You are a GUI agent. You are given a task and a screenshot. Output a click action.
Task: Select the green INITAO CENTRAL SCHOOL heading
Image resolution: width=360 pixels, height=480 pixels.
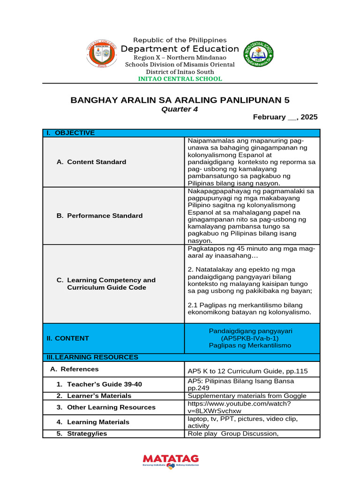[x=180, y=79]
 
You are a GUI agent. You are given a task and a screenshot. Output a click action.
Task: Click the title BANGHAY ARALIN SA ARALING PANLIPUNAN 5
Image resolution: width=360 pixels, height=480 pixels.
[x=180, y=100]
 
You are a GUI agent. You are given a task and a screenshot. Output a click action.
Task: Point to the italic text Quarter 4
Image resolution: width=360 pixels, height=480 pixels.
[x=180, y=109]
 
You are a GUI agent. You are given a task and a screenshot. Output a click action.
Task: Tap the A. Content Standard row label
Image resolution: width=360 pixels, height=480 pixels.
[x=91, y=162]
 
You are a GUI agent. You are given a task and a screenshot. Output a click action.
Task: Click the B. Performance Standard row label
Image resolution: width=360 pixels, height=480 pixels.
[x=99, y=216]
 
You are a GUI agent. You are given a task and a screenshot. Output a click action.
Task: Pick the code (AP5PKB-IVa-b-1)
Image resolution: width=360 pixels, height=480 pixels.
[x=252, y=338]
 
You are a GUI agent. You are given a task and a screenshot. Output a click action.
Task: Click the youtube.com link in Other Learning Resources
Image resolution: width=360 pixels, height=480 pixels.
[x=239, y=407]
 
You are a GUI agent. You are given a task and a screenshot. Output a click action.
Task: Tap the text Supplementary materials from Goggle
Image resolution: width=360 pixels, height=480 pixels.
[x=247, y=396]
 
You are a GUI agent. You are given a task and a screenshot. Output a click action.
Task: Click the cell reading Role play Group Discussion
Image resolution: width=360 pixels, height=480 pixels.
[x=233, y=434]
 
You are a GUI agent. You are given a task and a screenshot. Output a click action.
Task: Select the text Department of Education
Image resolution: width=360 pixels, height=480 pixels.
[x=180, y=49]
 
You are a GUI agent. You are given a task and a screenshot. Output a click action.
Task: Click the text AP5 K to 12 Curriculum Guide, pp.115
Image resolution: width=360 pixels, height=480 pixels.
[x=247, y=371]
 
